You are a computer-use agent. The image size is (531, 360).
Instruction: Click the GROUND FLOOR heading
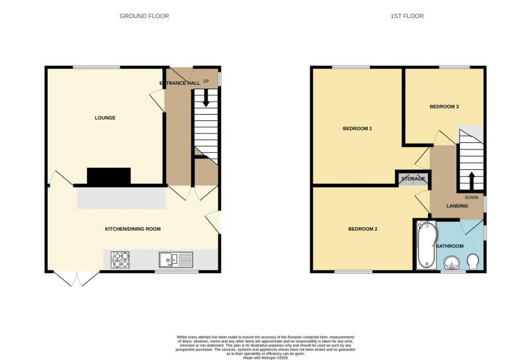(x=144, y=16)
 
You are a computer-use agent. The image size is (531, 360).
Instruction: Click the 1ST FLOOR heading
(x=411, y=16)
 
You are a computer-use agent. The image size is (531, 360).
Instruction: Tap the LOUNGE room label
(x=105, y=117)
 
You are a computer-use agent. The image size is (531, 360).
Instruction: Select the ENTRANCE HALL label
(x=180, y=83)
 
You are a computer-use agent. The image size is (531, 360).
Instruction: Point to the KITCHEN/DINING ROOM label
(x=133, y=229)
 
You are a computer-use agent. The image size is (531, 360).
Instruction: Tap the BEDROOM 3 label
(x=444, y=106)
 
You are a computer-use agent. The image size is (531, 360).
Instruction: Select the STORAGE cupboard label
(x=413, y=179)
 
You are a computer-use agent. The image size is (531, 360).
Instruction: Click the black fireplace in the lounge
(x=109, y=177)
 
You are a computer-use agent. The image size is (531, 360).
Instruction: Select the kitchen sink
(x=176, y=260)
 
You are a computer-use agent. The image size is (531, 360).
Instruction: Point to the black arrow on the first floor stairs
(x=472, y=181)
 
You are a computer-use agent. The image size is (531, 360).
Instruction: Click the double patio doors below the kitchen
(x=76, y=278)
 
